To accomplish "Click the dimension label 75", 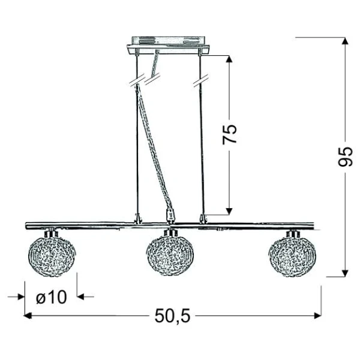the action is (x=229, y=134).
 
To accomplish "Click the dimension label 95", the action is (x=345, y=157).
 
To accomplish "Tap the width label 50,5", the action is (x=172, y=316).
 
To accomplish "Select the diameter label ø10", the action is (x=52, y=297).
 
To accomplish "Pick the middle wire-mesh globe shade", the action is (x=170, y=256).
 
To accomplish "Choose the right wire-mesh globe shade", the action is (x=292, y=256).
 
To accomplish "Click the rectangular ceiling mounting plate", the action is (x=168, y=46).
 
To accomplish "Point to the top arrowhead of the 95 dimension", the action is (x=345, y=41).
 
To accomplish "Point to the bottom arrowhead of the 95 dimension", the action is (x=345, y=273).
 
